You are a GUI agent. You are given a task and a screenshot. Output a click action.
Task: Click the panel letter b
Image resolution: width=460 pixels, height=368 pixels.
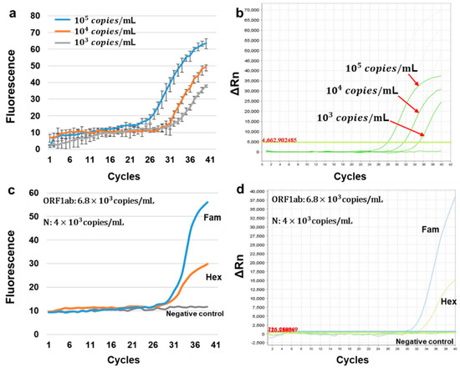(x=240, y=12)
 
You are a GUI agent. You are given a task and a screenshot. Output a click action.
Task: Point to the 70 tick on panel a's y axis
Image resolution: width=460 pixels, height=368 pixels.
(x=33, y=13)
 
